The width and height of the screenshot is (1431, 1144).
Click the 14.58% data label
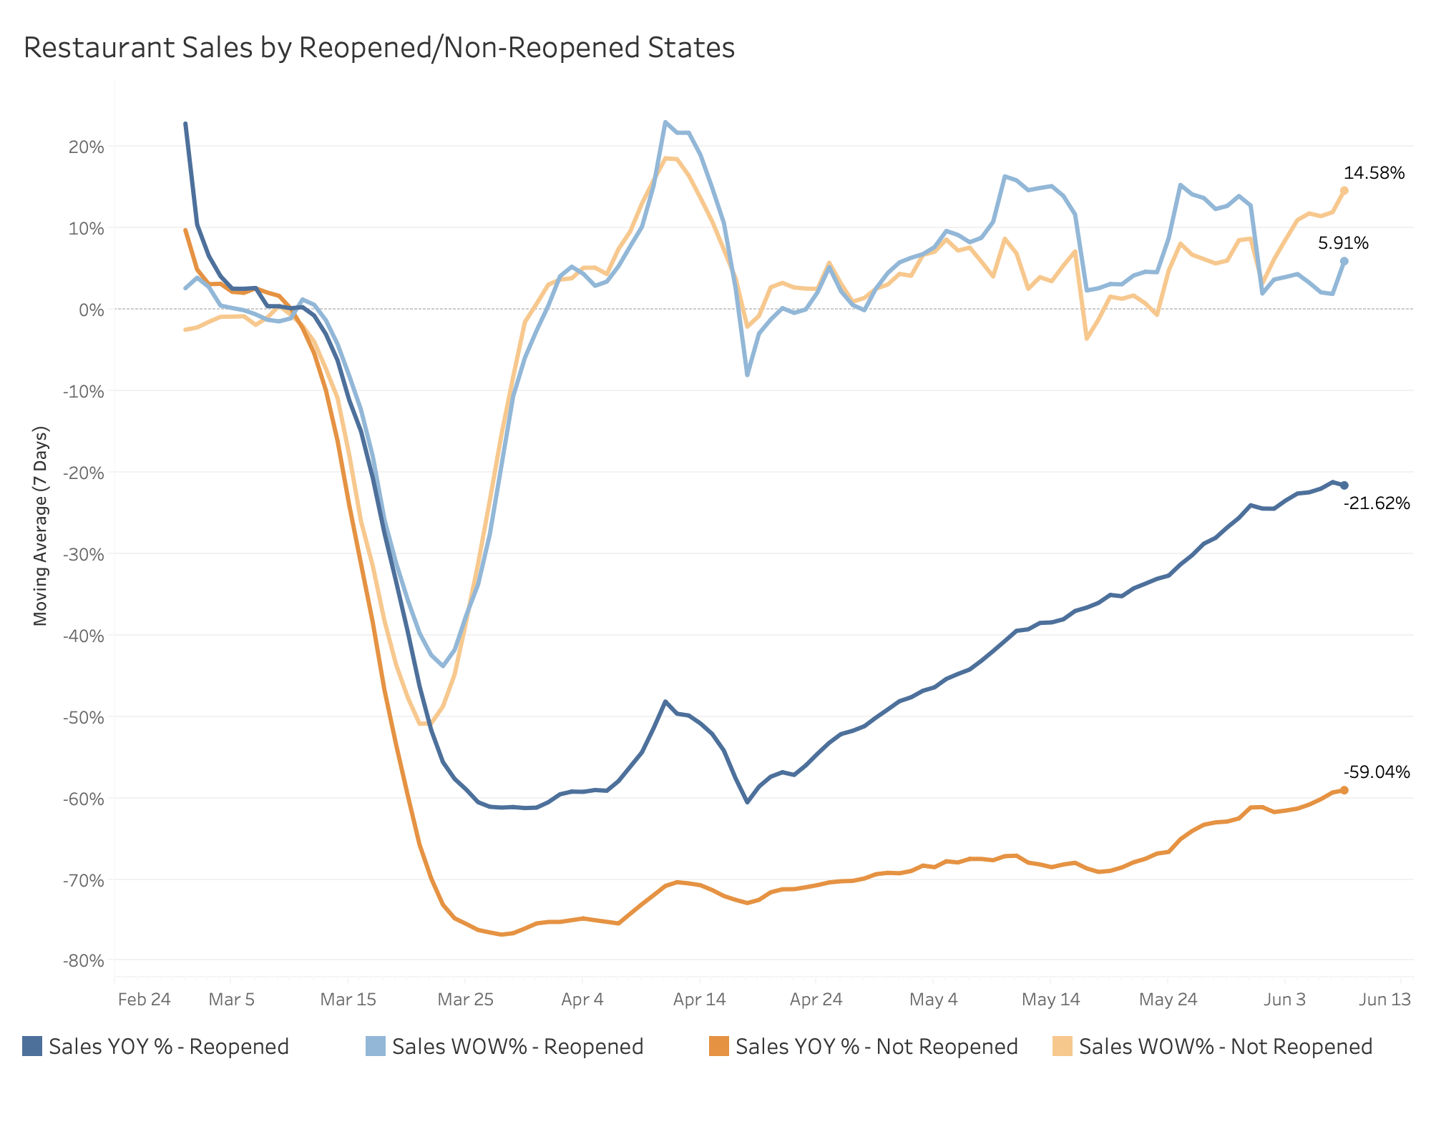pos(1374,173)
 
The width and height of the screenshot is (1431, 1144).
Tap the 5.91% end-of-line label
pos(1343,243)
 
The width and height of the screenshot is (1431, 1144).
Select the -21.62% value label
pos(1377,503)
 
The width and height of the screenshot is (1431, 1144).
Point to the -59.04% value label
pos(1377,772)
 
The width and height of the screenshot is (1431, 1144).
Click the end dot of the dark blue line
pos(1344,485)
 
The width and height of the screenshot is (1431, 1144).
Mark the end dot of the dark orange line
pos(1344,790)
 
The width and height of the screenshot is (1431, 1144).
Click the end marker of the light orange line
pos(1344,190)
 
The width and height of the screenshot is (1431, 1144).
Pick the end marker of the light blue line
pos(1344,261)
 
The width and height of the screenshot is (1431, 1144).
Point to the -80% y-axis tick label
pos(84,961)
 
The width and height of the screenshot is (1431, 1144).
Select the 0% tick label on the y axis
pos(92,310)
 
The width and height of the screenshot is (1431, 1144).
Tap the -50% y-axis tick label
pos(84,717)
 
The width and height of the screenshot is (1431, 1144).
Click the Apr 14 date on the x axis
pos(699,1000)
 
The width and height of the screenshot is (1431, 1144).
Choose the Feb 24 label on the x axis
pos(144,1000)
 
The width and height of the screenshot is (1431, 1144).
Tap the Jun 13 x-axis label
pos(1384,1000)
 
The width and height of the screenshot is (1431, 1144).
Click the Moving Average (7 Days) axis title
pos(41,526)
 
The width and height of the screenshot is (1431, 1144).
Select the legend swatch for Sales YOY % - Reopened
pos(32,1046)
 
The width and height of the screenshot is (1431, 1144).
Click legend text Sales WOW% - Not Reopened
pos(1225,1047)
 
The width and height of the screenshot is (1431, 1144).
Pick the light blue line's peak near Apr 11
pos(665,122)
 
